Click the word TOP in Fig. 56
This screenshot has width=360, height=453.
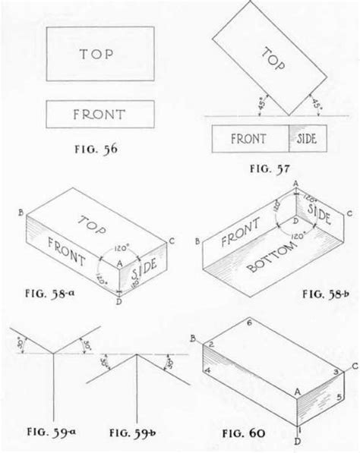[100, 54]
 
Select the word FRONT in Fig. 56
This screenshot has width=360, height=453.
[100, 115]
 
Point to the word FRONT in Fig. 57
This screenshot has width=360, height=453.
[249, 140]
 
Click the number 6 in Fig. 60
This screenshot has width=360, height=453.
[250, 324]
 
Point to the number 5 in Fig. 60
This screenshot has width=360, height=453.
[339, 396]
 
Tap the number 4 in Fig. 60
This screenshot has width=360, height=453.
[207, 371]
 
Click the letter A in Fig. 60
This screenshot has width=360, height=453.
[297, 389]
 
